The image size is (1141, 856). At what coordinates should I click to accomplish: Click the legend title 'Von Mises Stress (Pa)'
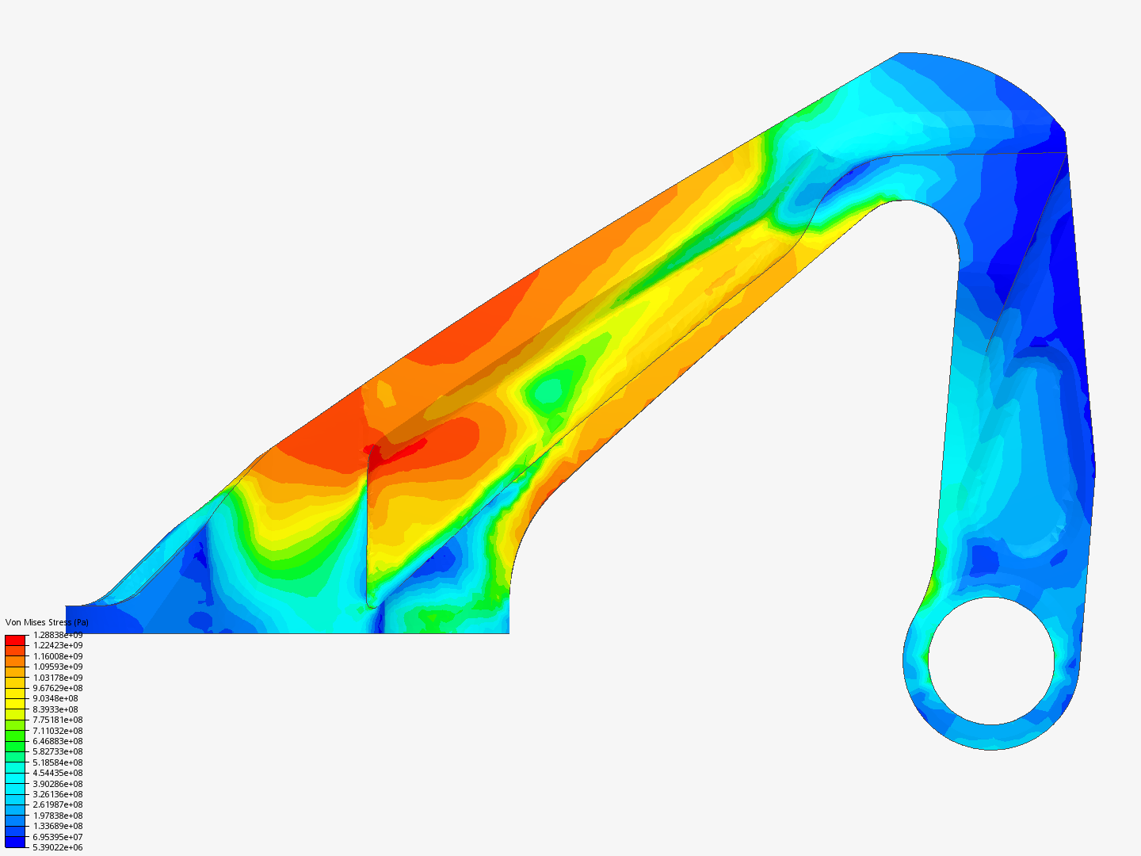[x=47, y=622]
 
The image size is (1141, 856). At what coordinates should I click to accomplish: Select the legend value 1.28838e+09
[x=58, y=635]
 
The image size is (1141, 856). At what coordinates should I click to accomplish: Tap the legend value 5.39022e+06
[x=58, y=847]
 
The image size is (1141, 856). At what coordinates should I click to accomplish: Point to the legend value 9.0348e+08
[x=55, y=698]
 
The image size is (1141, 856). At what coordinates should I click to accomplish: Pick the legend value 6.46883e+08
[x=58, y=741]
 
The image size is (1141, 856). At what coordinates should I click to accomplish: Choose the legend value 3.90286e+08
[x=58, y=784]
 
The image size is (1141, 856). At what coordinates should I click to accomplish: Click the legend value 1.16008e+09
[x=58, y=656]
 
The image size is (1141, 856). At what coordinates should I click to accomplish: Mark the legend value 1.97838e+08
[x=58, y=816]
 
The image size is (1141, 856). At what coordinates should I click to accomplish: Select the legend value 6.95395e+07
[x=58, y=837]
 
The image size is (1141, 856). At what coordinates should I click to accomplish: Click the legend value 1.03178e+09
[x=58, y=678]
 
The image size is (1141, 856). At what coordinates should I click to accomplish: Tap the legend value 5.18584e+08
[x=58, y=762]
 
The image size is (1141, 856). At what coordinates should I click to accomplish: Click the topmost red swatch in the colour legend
[x=15, y=639]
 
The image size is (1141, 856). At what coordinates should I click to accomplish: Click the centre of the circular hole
[x=991, y=660]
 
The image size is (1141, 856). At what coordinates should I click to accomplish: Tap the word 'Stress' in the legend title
[x=59, y=622]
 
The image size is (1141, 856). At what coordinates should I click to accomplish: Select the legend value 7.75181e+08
[x=58, y=720]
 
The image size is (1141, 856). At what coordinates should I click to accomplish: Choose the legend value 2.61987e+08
[x=58, y=804]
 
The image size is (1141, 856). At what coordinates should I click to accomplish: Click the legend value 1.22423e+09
[x=58, y=645]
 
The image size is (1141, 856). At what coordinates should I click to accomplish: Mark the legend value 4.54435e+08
[x=58, y=773]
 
